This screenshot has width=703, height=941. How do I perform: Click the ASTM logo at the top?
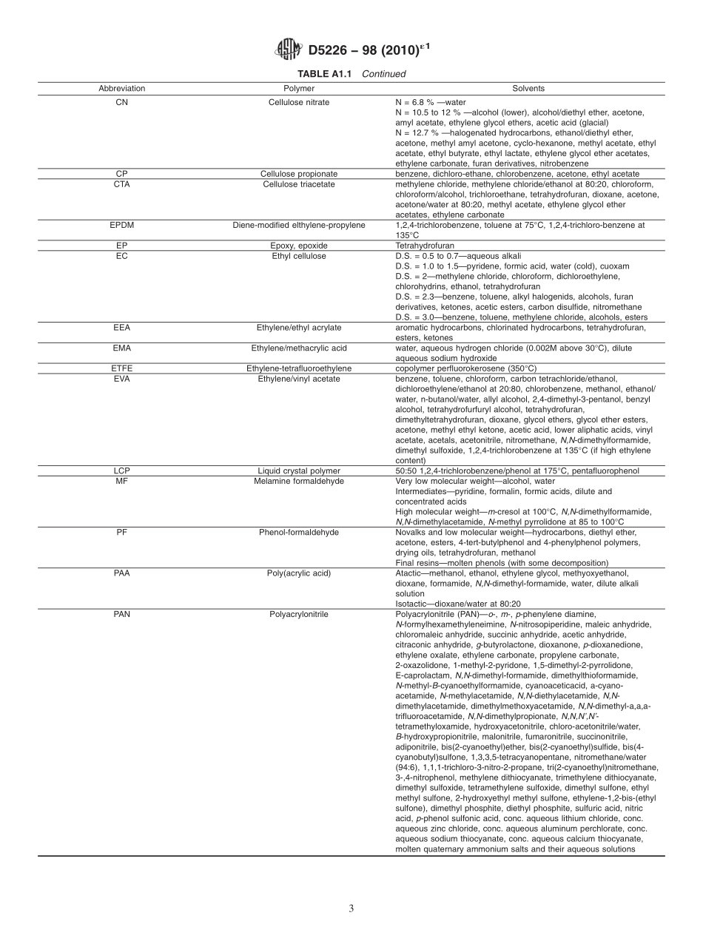point(287,50)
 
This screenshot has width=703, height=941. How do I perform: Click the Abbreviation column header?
point(122,88)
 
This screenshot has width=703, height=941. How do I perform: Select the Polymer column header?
point(299,88)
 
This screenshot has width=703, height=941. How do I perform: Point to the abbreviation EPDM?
point(122,225)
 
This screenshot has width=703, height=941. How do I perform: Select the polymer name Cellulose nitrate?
point(299,101)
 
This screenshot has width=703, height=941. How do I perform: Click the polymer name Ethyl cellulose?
point(299,256)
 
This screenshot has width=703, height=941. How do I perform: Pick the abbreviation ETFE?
point(122,368)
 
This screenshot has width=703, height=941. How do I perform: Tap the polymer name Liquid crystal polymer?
point(299,470)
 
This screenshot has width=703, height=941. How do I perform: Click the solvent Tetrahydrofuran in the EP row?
point(425,246)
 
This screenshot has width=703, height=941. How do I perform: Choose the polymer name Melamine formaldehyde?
point(299,481)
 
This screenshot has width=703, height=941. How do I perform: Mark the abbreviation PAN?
point(122,613)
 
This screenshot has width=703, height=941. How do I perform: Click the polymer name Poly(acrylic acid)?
point(299,573)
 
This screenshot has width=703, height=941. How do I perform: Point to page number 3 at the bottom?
point(351,908)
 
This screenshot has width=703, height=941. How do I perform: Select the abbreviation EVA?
point(122,379)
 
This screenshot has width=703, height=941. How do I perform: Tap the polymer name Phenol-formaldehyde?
point(299,532)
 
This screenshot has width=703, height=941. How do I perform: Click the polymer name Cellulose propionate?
point(299,174)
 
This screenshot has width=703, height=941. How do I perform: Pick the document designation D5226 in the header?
point(330,50)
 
